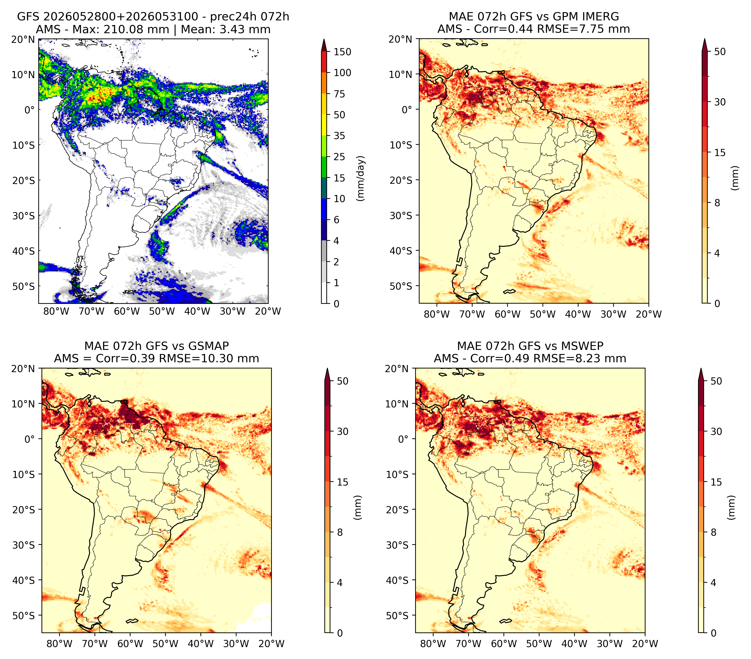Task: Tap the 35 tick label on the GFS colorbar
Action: click(x=339, y=136)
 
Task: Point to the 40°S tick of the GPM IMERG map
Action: click(x=401, y=251)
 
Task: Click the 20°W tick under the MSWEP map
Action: click(x=645, y=644)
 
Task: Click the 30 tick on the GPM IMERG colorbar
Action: click(x=720, y=102)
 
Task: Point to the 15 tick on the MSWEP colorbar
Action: click(x=716, y=482)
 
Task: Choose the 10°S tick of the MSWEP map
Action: click(x=397, y=475)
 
